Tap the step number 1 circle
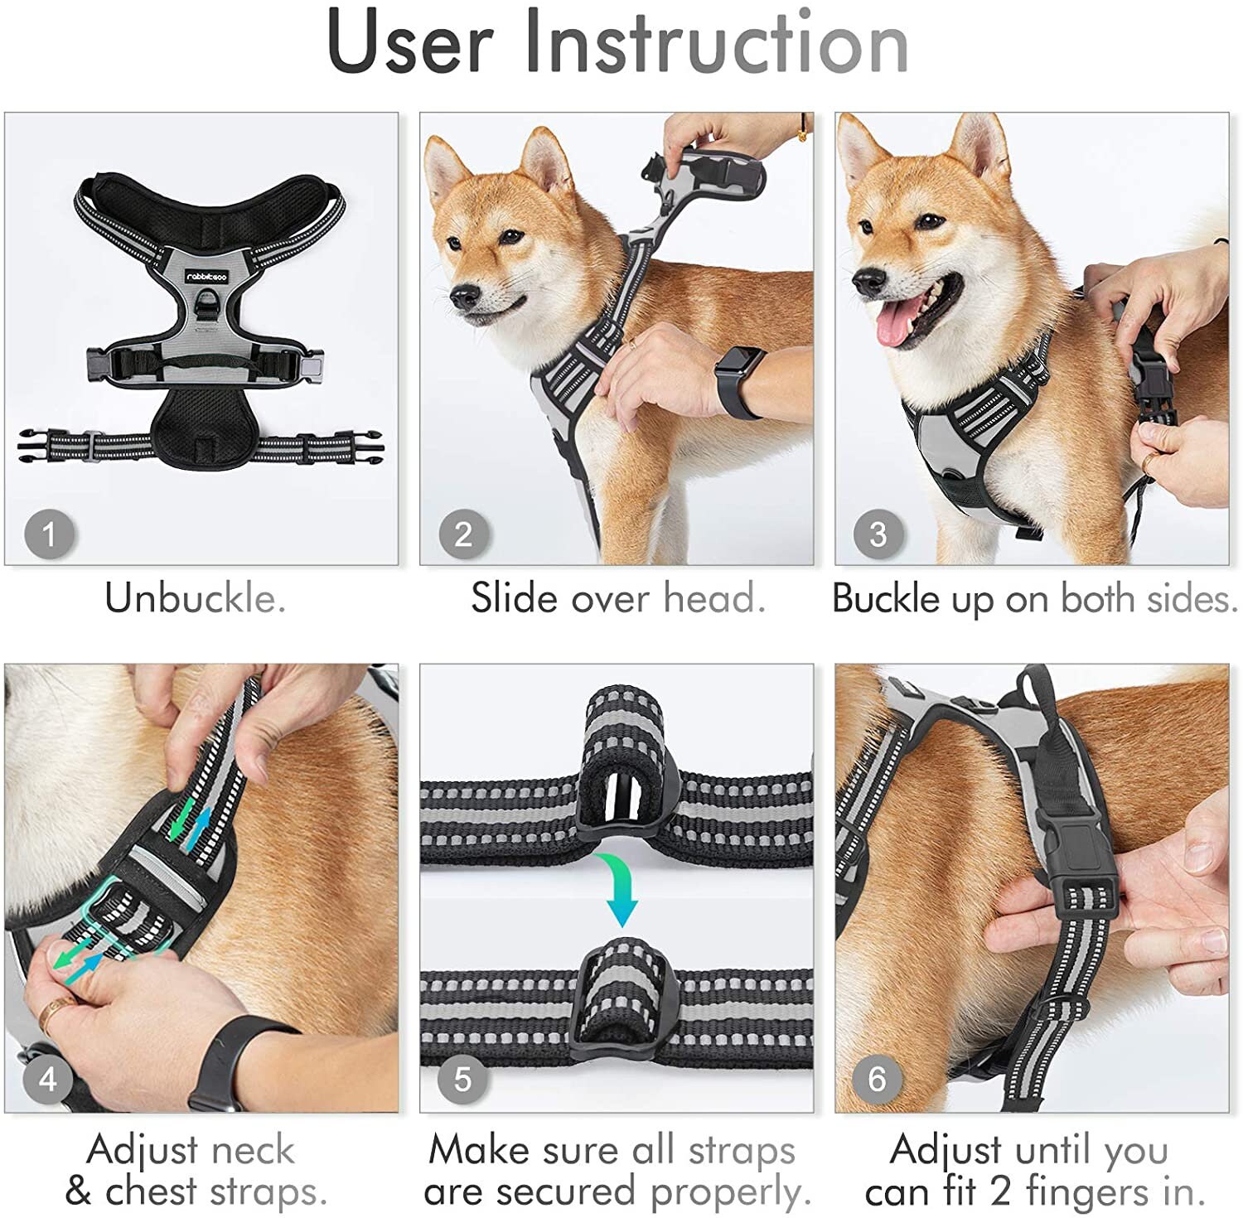click(49, 534)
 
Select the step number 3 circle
click(878, 534)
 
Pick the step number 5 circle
click(462, 1079)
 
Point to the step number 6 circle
click(877, 1079)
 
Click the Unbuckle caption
click(196, 598)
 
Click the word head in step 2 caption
click(714, 598)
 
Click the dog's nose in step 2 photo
click(464, 296)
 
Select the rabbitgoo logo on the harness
click(206, 277)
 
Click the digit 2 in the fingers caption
click(1001, 1191)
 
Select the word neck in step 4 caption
click(253, 1150)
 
